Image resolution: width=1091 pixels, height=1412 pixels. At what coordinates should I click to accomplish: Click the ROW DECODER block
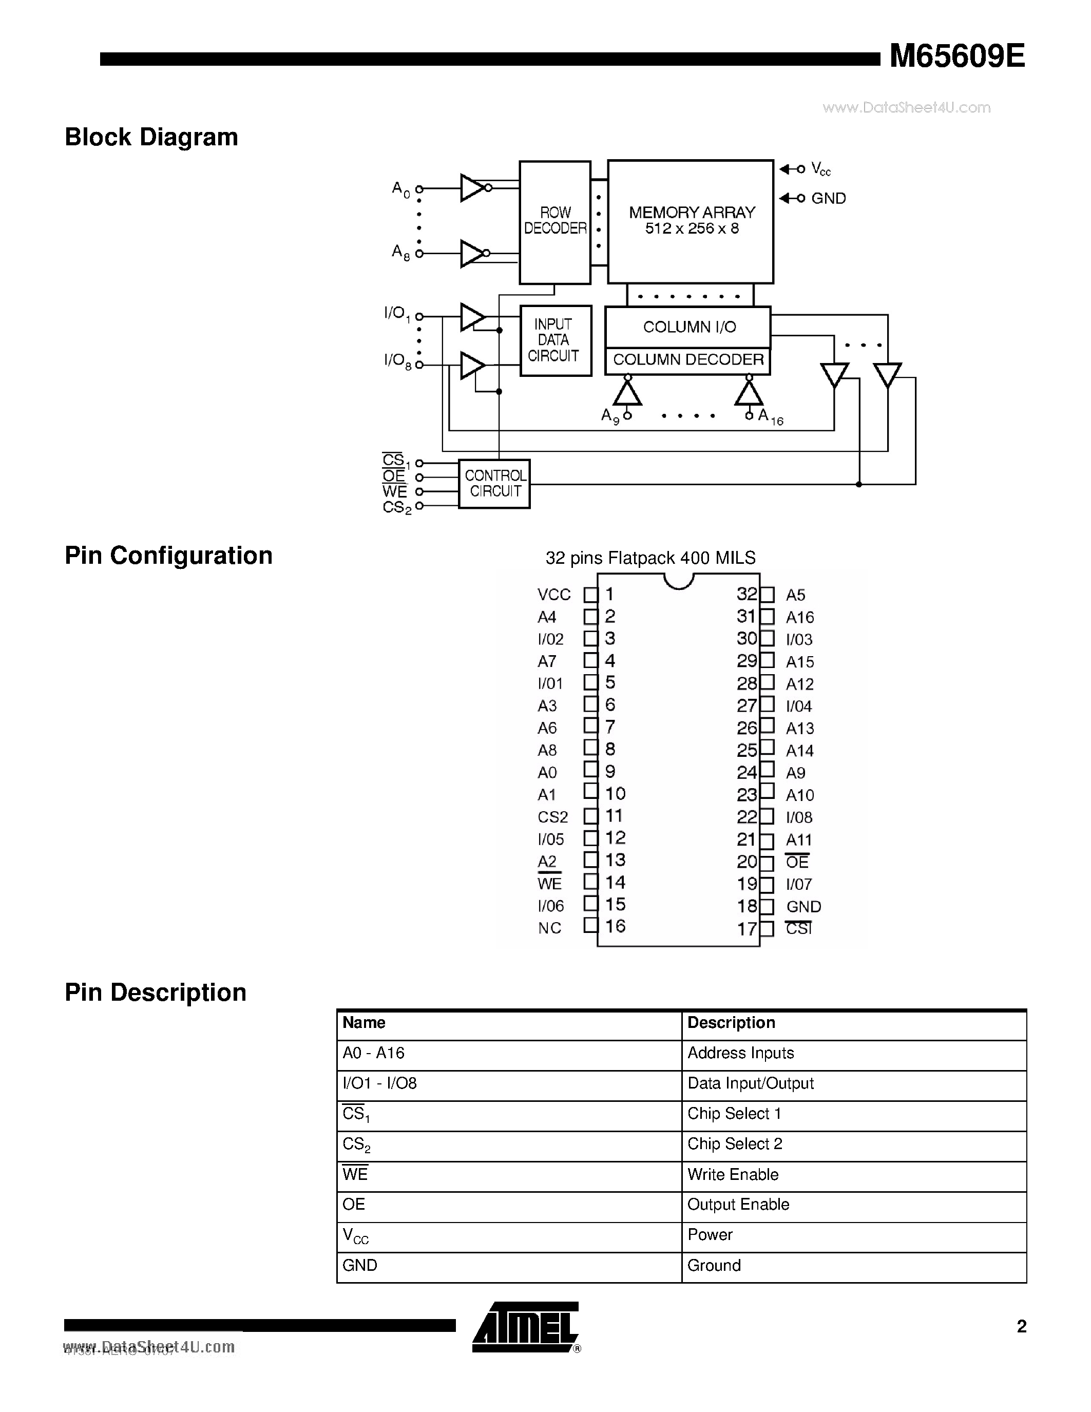click(554, 221)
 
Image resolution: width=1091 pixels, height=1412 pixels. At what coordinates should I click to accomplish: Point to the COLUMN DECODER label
click(687, 360)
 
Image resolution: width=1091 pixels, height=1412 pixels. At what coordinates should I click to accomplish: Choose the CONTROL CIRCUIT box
click(494, 484)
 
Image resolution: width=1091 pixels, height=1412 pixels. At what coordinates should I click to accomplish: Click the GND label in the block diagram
click(828, 199)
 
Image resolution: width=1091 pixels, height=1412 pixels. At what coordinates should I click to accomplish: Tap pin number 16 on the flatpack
click(615, 926)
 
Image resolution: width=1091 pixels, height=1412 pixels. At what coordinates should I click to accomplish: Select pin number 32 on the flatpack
click(746, 594)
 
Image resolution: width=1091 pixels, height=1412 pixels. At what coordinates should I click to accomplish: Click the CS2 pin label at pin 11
click(552, 817)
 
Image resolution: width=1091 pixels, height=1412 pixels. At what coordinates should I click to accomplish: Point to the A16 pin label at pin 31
click(799, 617)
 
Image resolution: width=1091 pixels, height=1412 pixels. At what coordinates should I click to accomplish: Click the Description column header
click(731, 1023)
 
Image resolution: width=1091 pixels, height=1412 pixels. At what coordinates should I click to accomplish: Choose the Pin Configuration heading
click(169, 556)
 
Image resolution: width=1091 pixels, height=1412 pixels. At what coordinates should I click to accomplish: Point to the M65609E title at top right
click(956, 58)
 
